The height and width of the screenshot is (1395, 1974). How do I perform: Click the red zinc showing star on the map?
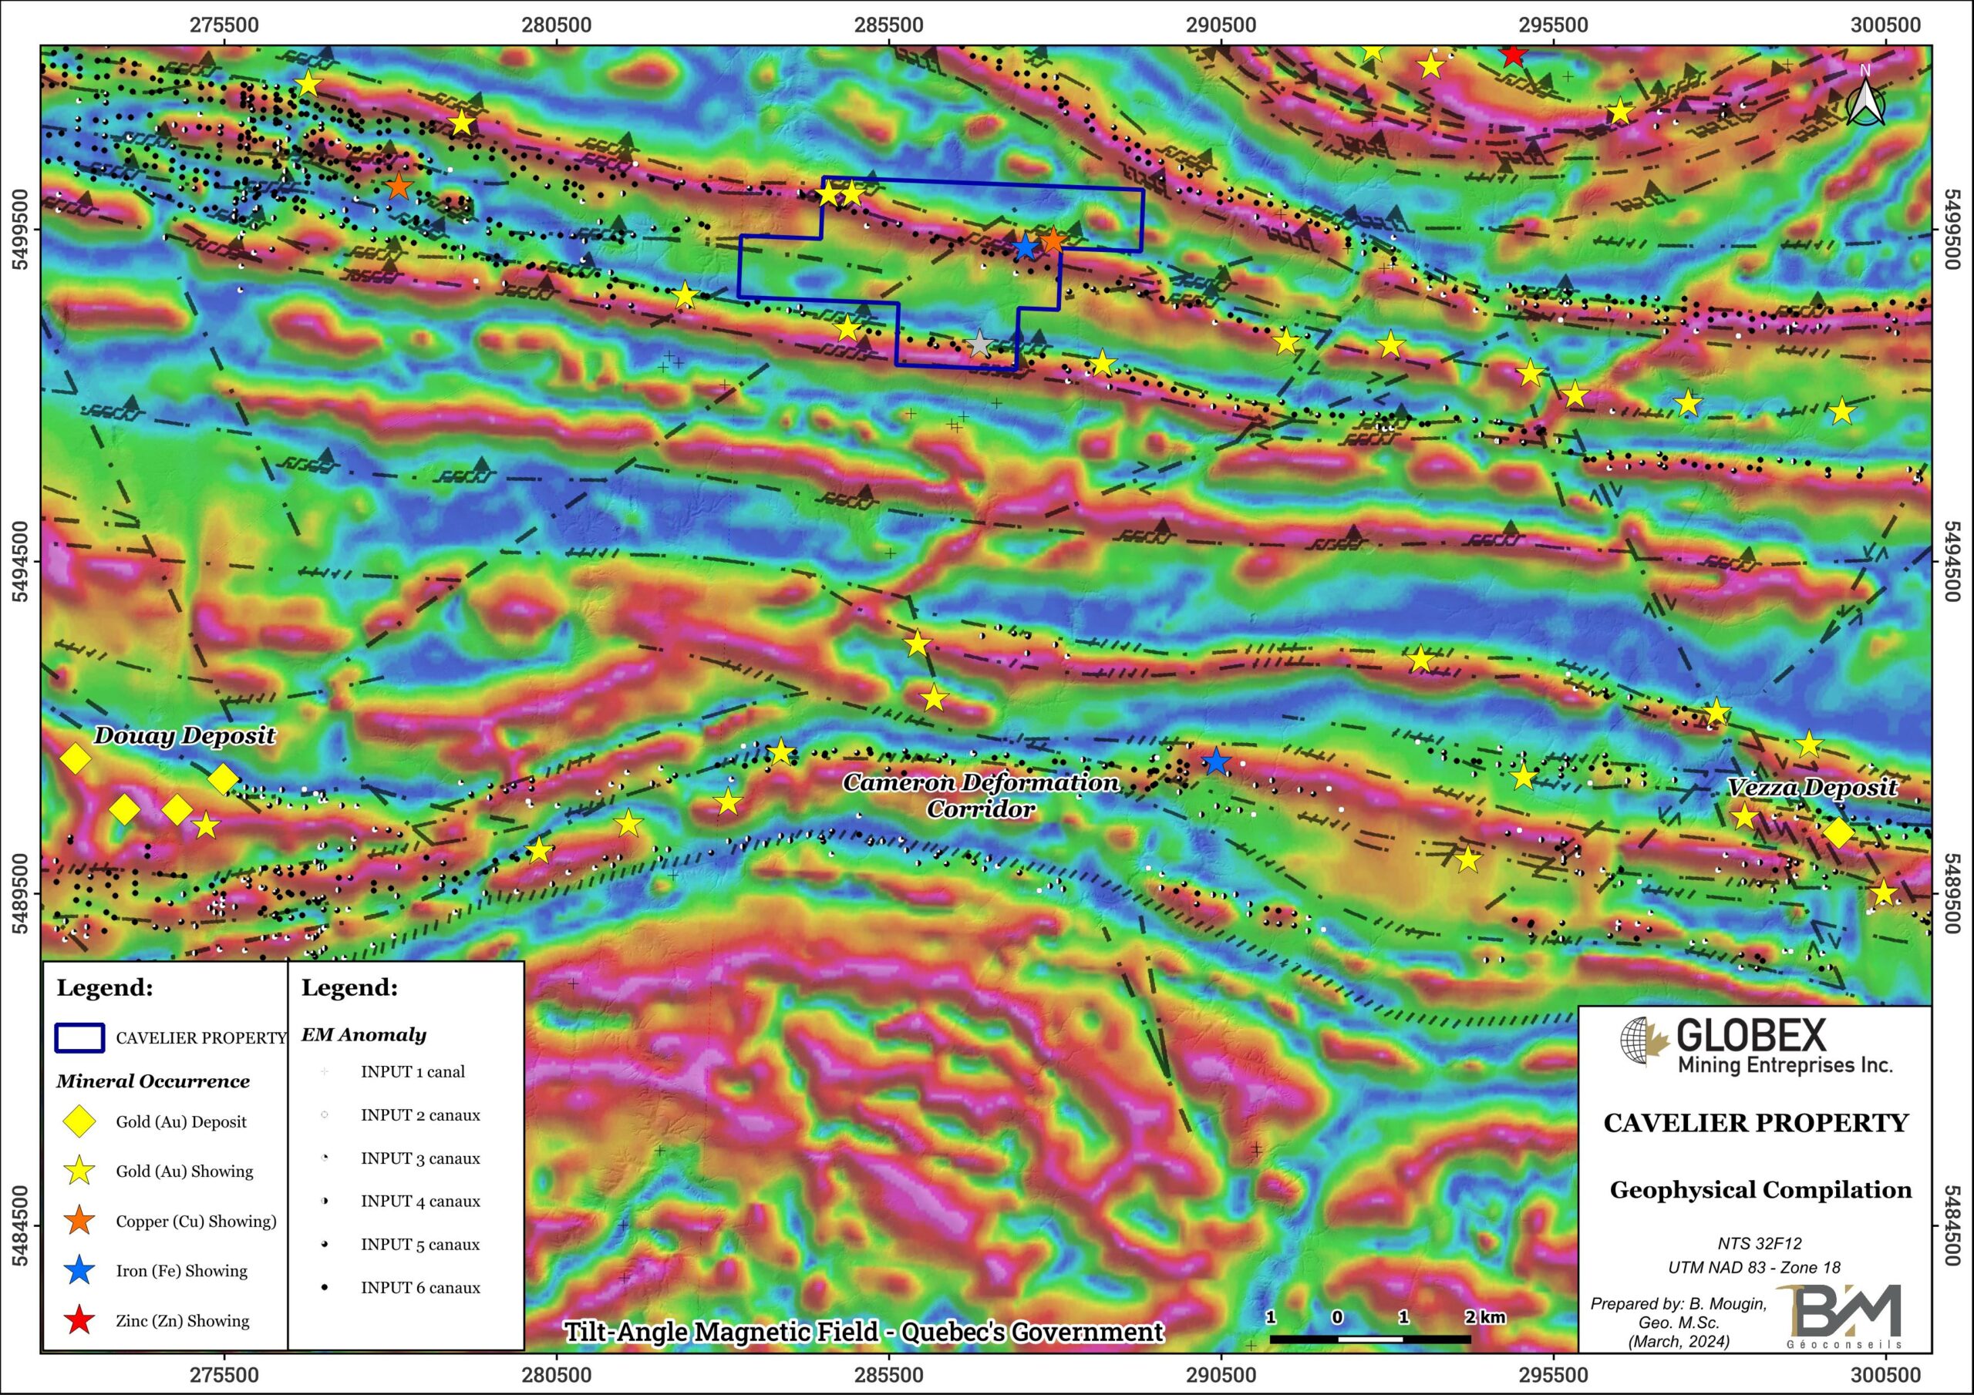click(x=1513, y=55)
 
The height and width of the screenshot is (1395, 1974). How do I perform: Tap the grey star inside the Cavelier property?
click(x=979, y=345)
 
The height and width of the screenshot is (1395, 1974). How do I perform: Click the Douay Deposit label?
click(x=184, y=736)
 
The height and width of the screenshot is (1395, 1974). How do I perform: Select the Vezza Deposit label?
click(x=1812, y=788)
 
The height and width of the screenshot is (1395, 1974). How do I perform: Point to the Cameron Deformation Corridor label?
click(x=980, y=795)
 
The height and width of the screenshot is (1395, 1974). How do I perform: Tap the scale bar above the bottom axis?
click(x=1369, y=1338)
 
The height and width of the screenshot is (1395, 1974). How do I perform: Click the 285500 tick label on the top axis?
click(x=889, y=25)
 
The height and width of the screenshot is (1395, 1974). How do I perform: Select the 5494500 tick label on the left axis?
click(x=20, y=561)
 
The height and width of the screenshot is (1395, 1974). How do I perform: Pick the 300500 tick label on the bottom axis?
click(x=1885, y=1374)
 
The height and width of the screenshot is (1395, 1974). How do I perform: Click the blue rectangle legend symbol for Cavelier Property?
click(x=80, y=1037)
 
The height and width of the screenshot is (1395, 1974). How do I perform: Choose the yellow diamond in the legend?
click(x=80, y=1121)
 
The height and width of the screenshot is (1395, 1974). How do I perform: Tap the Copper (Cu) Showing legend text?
click(x=196, y=1222)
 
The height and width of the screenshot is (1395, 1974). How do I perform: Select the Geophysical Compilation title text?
click(x=1760, y=1191)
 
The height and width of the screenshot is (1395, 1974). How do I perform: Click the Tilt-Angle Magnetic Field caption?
click(x=863, y=1331)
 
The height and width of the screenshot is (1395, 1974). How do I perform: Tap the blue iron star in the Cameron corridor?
click(x=1214, y=761)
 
